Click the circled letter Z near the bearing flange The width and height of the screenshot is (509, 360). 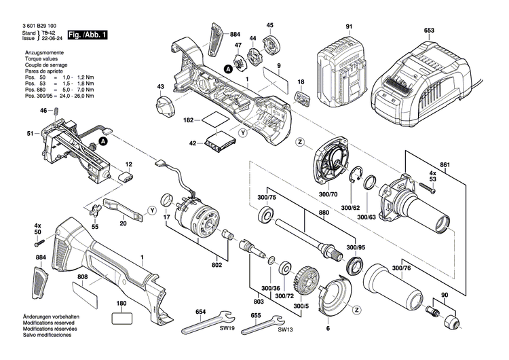click(x=299, y=142)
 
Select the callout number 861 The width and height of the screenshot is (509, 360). click(x=445, y=165)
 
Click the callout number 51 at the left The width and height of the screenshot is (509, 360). click(x=30, y=134)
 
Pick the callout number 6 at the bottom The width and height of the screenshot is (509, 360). click(x=327, y=329)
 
